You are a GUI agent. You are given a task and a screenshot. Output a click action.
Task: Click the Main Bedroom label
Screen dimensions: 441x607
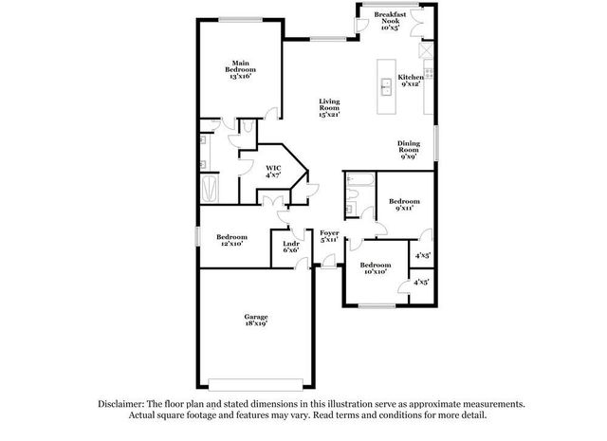[x=240, y=69]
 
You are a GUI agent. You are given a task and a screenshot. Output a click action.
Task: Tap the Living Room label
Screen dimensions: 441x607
[x=329, y=107]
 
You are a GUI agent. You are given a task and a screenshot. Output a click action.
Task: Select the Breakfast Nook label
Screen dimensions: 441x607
[x=390, y=21]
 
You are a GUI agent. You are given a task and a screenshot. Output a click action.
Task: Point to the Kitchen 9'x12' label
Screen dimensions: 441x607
[x=410, y=81]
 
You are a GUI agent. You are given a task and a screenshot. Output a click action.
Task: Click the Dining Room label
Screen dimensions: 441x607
[x=408, y=150]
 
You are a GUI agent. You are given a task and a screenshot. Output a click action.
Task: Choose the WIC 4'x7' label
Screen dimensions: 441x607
[x=272, y=171]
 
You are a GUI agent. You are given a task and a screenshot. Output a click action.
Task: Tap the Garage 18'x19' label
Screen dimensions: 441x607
[x=255, y=320]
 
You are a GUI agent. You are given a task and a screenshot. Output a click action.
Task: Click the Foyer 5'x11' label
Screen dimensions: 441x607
[x=329, y=236]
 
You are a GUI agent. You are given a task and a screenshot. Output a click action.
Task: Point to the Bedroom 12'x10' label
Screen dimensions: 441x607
[x=231, y=240]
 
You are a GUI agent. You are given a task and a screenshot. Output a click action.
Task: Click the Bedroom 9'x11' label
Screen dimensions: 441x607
[x=404, y=205]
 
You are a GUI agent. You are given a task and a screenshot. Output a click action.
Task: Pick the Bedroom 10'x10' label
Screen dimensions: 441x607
[x=376, y=268]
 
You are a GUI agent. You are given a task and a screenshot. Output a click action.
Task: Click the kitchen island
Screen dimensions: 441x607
[x=386, y=85]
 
